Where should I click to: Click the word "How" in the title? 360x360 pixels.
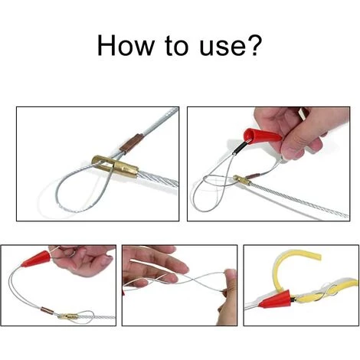(x=126, y=45)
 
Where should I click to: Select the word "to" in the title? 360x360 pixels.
(x=177, y=45)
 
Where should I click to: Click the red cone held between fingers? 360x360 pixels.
(x=262, y=136)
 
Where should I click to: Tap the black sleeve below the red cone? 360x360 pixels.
(x=240, y=149)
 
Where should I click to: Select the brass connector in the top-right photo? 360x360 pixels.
(x=242, y=181)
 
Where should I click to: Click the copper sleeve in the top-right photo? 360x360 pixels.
(x=254, y=175)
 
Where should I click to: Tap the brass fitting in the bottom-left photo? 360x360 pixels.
(x=67, y=317)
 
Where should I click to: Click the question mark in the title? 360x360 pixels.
(x=255, y=45)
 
